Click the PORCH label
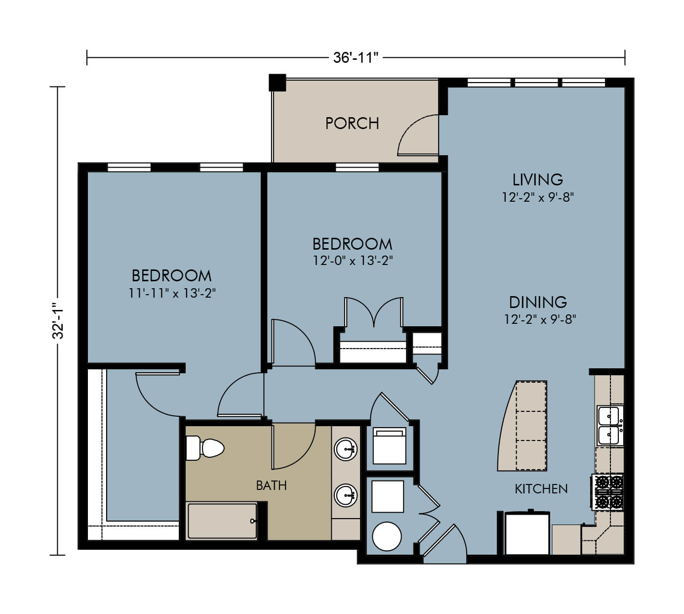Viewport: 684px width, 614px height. click(x=352, y=123)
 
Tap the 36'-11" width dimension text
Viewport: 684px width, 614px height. click(x=356, y=58)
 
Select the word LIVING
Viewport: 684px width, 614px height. click(x=538, y=179)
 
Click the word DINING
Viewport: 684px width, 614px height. click(x=538, y=303)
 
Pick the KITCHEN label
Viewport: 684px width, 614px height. click(x=541, y=489)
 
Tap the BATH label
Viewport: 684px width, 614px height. click(x=272, y=485)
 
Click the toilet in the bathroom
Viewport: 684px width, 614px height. click(x=205, y=448)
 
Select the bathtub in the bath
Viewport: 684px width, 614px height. click(x=222, y=521)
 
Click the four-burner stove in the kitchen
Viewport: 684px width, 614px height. click(x=607, y=492)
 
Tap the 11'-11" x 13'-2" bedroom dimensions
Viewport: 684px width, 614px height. click(x=172, y=293)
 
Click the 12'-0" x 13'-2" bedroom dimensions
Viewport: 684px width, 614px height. click(x=353, y=261)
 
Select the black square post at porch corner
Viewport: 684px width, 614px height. click(x=277, y=83)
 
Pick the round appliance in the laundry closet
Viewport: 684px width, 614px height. click(x=387, y=536)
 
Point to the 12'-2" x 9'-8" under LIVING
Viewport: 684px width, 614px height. click(x=538, y=197)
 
